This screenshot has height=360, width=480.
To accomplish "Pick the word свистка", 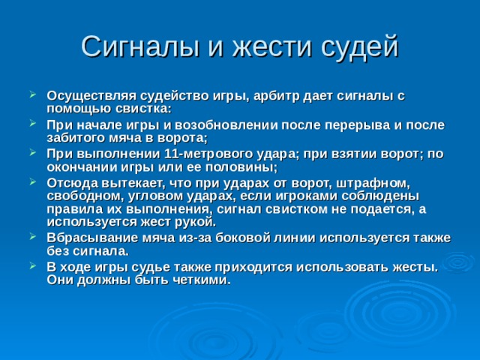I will (143, 109).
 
